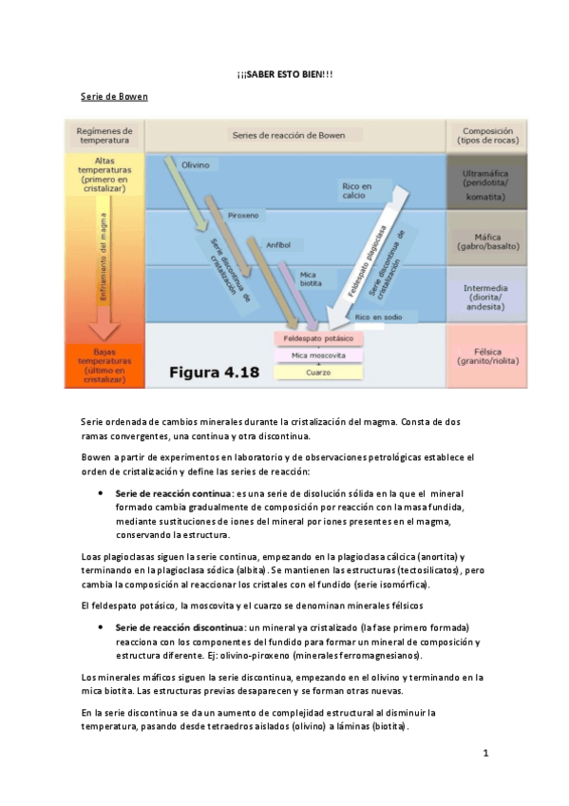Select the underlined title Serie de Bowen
point(114,98)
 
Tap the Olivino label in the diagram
point(196,165)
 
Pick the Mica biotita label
point(311,278)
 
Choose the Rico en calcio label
point(356,191)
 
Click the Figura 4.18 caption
point(213,372)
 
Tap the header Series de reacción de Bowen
point(289,136)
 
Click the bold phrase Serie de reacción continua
point(173,493)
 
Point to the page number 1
point(484,754)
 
